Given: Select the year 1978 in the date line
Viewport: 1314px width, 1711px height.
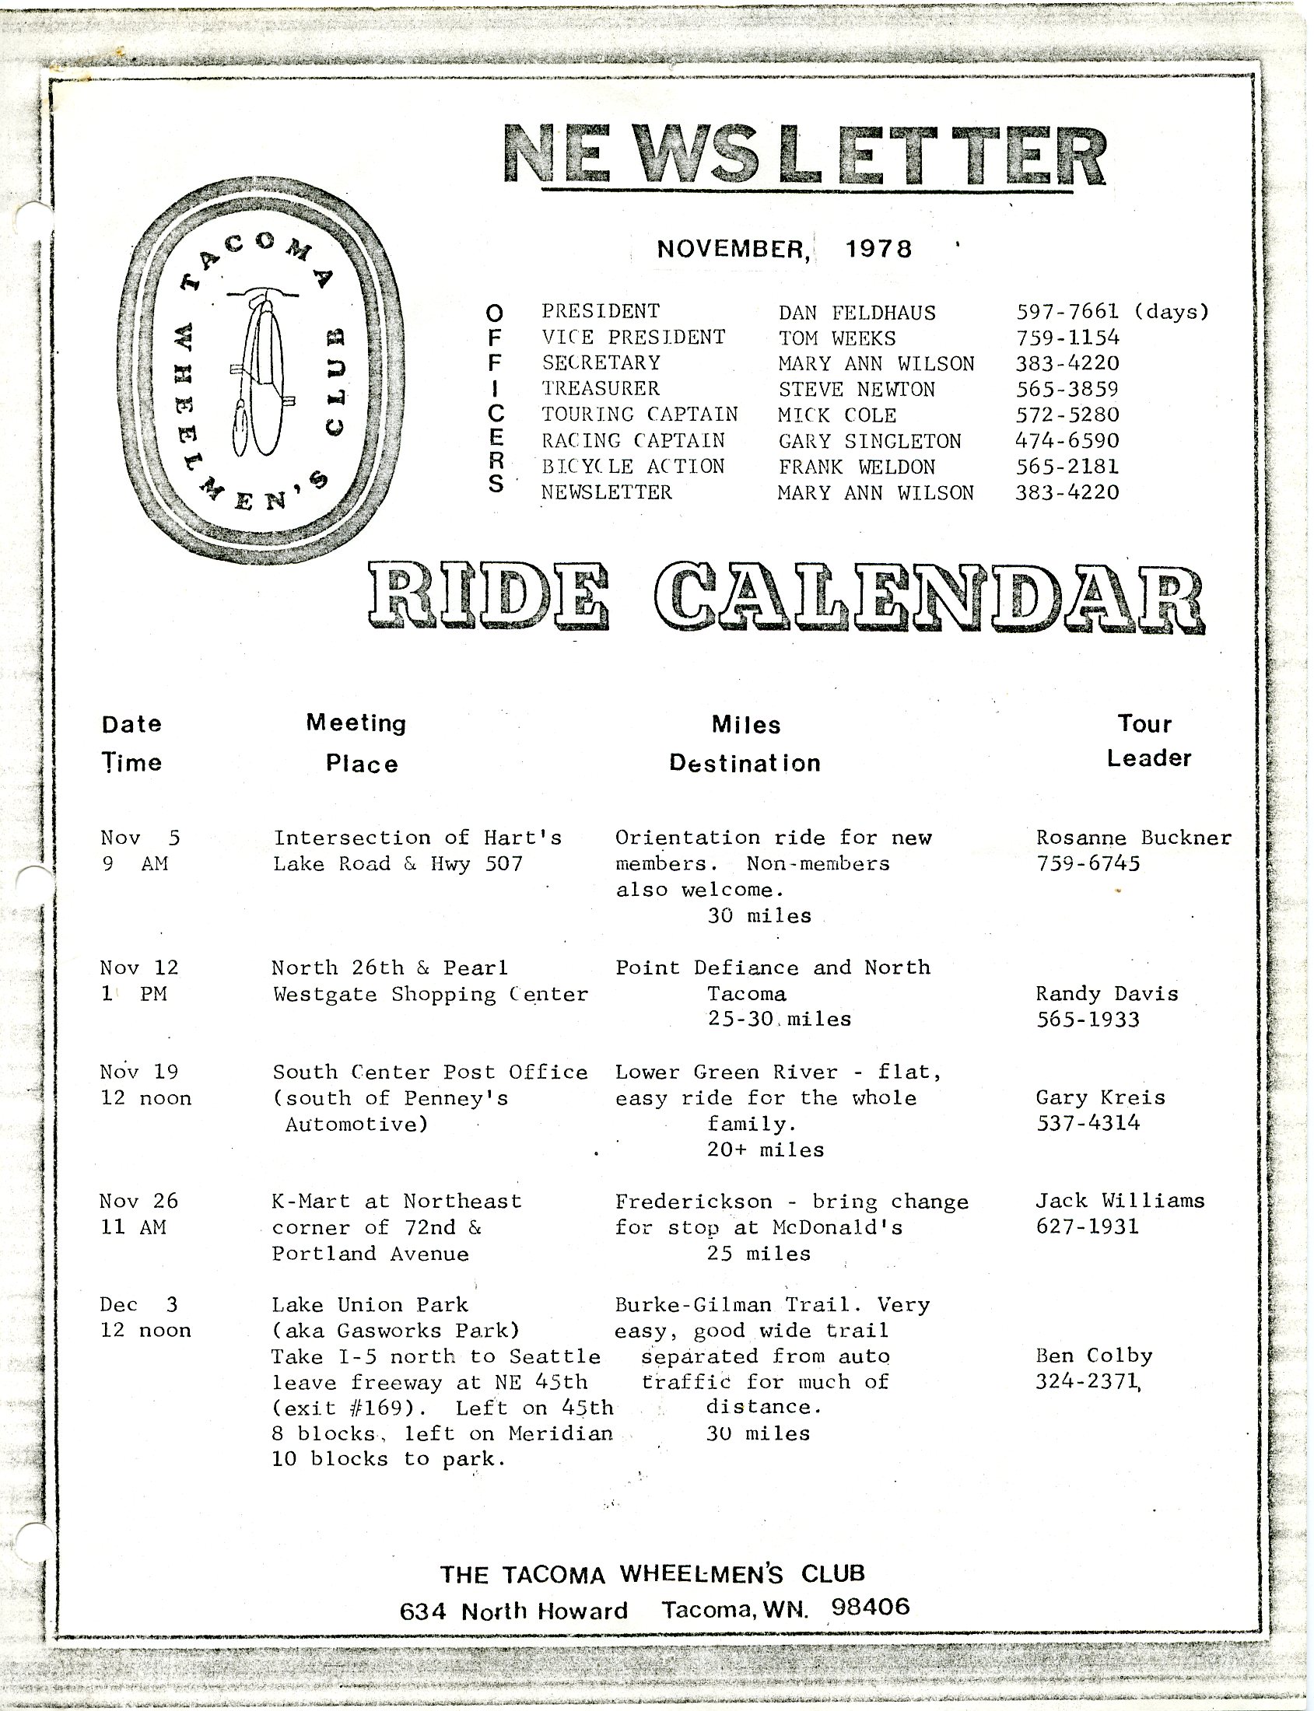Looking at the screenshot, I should [878, 250].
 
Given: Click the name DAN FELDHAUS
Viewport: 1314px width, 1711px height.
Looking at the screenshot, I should [857, 313].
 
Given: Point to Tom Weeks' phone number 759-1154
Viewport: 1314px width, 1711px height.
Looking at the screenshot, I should [1067, 338].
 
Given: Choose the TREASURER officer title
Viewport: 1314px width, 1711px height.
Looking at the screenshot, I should [601, 389].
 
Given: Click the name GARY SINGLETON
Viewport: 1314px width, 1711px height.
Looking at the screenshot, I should [869, 441].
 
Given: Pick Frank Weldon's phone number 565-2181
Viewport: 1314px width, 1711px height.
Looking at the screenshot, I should [1067, 467].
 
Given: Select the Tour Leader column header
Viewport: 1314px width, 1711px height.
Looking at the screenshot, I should [1148, 740].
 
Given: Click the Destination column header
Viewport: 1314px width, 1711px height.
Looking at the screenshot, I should [745, 763].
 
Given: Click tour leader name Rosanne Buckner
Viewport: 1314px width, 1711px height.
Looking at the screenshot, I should [1134, 838].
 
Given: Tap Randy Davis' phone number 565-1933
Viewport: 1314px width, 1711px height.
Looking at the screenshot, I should [1087, 1020].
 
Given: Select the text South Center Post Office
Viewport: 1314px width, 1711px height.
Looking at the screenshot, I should [430, 1072].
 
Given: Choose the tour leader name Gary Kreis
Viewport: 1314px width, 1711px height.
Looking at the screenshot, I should [1100, 1098].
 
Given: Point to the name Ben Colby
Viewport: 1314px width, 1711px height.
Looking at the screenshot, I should [1093, 1356].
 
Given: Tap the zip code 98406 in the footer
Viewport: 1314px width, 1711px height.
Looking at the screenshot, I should [871, 1607].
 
